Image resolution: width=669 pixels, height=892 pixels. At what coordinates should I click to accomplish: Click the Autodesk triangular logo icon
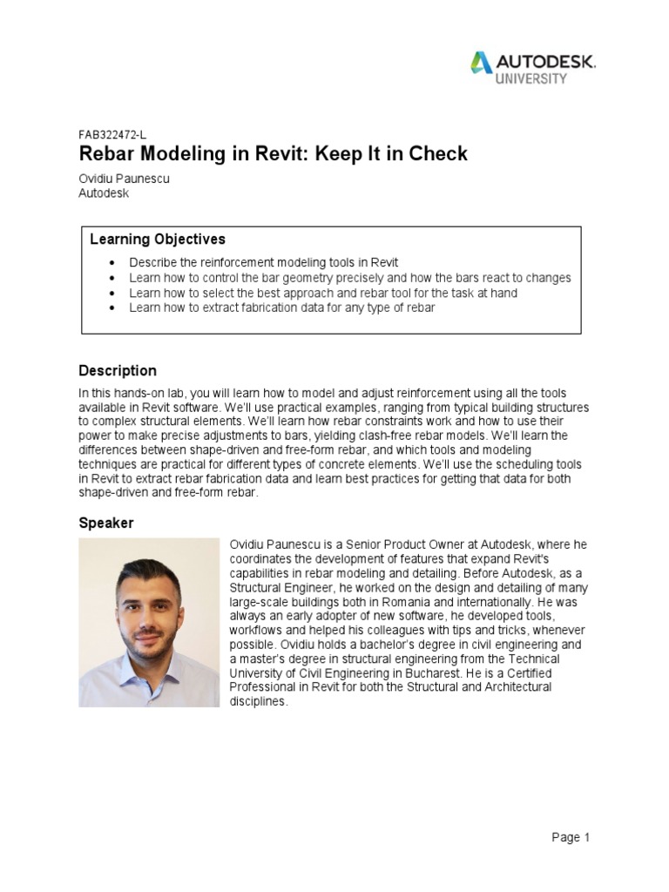tap(481, 62)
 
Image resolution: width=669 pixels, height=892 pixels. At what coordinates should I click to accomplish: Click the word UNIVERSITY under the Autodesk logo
tap(531, 78)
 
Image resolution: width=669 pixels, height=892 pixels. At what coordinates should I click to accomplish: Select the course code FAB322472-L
tap(112, 135)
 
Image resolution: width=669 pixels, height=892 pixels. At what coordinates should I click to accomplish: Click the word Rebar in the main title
tap(108, 154)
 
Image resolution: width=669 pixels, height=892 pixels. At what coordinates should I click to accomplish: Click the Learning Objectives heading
tap(158, 239)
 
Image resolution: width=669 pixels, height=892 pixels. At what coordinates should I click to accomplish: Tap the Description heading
tap(118, 371)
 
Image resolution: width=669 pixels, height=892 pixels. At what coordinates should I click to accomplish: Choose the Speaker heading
tap(106, 524)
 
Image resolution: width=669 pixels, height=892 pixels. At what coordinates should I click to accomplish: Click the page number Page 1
tap(571, 838)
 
